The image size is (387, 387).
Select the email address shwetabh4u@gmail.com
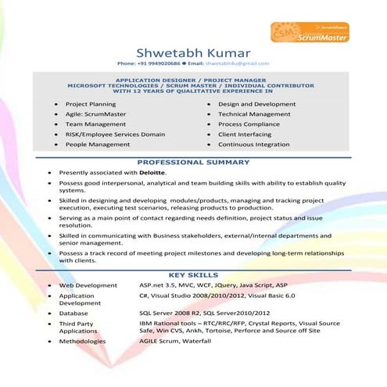tap(238, 63)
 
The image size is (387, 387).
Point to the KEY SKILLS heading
tap(192, 275)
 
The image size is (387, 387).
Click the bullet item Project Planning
tap(90, 103)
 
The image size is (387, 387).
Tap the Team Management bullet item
tap(95, 124)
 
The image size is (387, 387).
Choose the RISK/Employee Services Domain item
tap(114, 134)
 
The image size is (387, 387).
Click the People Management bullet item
tap(97, 145)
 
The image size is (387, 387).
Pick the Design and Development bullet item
tap(256, 103)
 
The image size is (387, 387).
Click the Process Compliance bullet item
tap(248, 124)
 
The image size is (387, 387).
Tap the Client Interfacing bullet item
tap(245, 134)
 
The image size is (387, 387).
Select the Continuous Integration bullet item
tap(253, 145)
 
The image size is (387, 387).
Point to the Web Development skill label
tap(87, 286)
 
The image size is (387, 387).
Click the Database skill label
tap(73, 312)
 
